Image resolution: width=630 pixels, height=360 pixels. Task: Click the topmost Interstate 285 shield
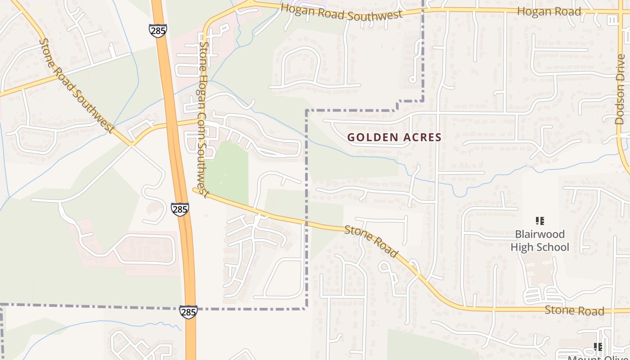tap(158, 31)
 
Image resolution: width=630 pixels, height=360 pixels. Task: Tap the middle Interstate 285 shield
tap(180, 209)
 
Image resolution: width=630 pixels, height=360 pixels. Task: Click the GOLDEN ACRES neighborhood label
tap(394, 137)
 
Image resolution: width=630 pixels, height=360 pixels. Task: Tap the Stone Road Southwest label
tap(75, 85)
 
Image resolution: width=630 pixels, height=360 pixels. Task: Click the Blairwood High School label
tap(540, 241)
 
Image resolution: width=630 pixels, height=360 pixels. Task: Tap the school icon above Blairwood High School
tap(540, 221)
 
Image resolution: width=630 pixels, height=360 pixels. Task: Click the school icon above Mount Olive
tap(598, 346)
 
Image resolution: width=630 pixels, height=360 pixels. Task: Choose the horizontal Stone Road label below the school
tap(574, 310)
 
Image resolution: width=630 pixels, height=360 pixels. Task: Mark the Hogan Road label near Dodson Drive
tap(549, 12)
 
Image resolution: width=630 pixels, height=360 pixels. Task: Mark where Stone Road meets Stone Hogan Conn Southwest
tap(197, 190)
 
